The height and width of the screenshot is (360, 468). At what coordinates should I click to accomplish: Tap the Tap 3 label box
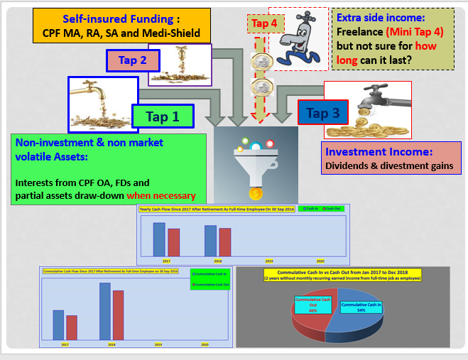322,112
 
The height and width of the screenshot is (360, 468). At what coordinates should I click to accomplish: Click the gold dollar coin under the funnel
256,192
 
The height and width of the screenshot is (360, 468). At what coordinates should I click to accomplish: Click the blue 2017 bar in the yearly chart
159,239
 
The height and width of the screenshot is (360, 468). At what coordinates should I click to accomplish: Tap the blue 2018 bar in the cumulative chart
105,311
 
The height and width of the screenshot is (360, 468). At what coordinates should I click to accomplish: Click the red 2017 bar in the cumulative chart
72,327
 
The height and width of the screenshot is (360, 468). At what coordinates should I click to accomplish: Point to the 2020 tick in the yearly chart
320,261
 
